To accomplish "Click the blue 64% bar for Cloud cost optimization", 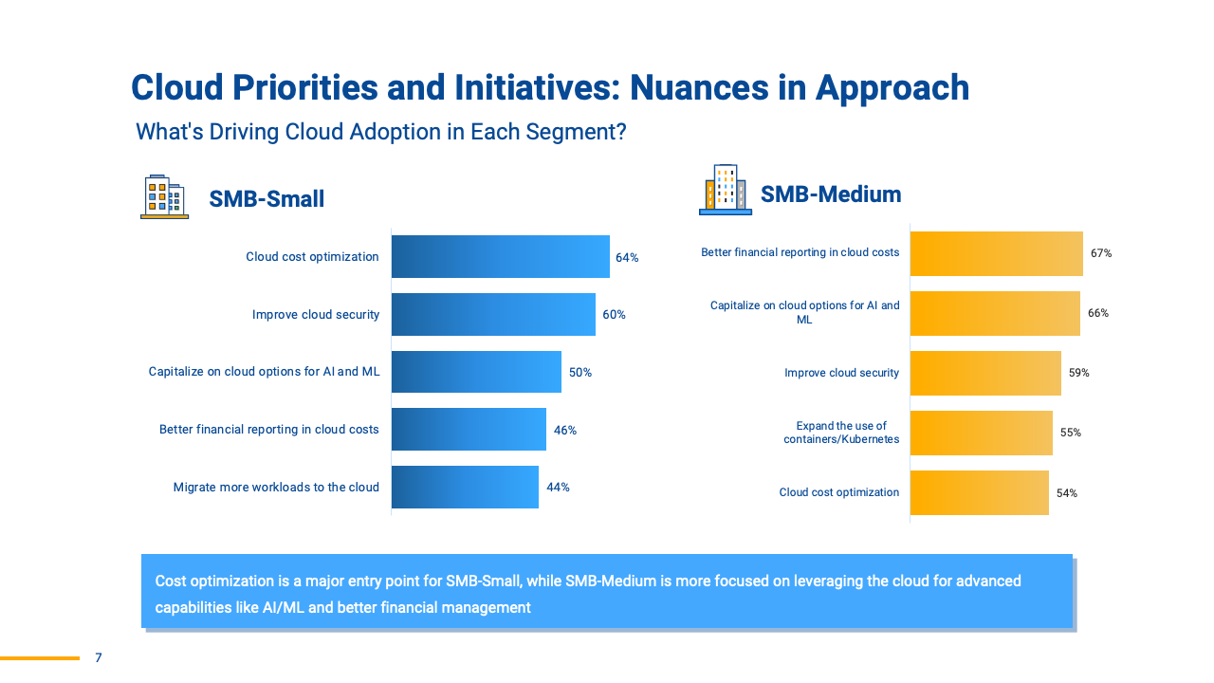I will coord(500,256).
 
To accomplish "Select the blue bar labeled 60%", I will coord(493,314).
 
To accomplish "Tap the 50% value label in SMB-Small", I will coord(580,373).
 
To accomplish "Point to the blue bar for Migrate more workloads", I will coord(465,487).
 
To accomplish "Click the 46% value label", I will coord(565,430).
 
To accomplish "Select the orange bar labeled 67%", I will coord(996,253).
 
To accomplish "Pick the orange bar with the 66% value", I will coord(995,313).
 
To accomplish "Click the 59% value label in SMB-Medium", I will coord(1079,373).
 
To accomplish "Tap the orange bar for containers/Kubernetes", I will coord(981,433).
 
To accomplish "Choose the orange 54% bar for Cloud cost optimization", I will coord(979,492).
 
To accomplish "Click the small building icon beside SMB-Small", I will coord(164,196).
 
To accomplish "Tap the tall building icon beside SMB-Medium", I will coord(725,190).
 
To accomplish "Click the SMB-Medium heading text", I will coord(831,194).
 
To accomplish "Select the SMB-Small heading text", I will coord(267,199).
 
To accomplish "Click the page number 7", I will coord(99,657).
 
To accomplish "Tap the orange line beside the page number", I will coord(40,657).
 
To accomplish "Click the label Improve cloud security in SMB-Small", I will coord(316,314).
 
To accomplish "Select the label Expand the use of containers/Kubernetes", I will coord(841,433).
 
